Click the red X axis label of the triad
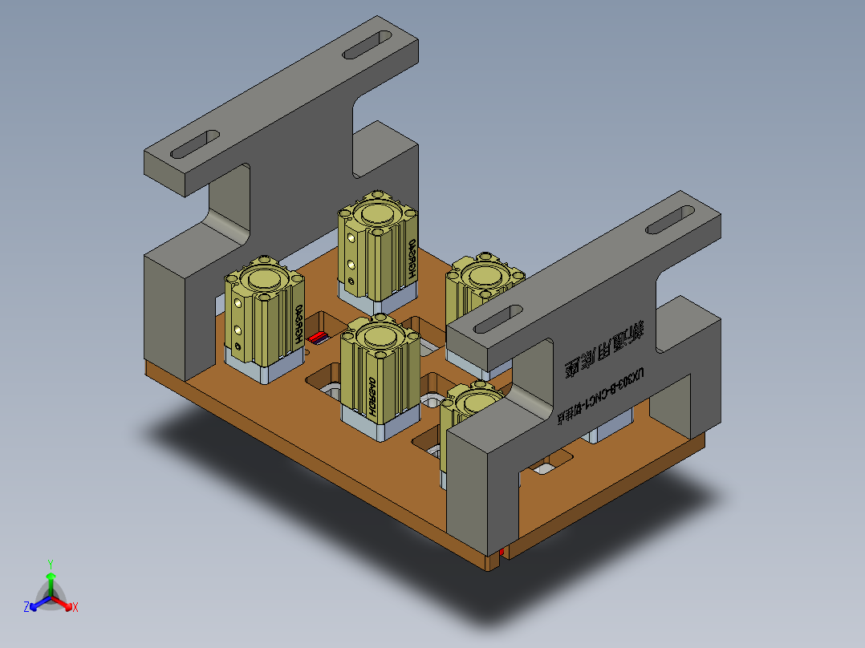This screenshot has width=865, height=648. (x=75, y=608)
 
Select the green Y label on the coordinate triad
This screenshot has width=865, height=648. (x=51, y=563)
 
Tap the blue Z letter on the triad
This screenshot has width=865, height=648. (x=26, y=607)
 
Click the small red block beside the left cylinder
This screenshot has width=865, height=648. (x=318, y=337)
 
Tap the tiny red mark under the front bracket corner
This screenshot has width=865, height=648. (x=502, y=552)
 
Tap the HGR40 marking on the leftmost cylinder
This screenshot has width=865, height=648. (x=298, y=325)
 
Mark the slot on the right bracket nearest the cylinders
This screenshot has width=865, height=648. (x=497, y=318)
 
